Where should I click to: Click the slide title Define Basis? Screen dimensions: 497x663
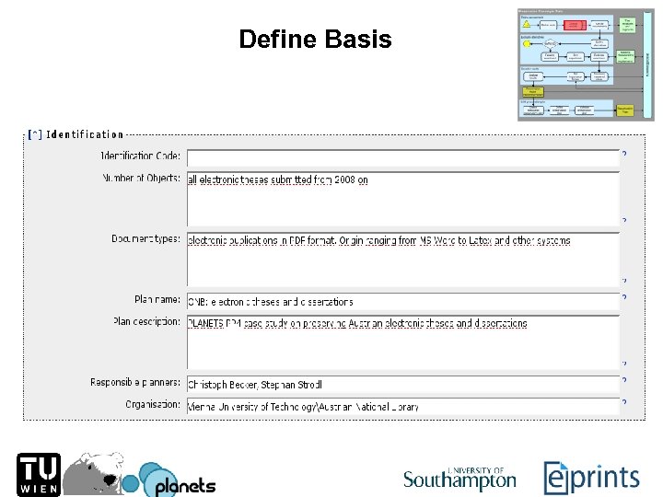(x=315, y=40)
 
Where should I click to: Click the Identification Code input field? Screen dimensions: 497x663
(x=402, y=157)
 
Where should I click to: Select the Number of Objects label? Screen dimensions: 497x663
(x=141, y=178)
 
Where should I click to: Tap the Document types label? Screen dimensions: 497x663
(x=145, y=239)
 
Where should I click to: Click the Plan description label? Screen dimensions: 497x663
(x=146, y=322)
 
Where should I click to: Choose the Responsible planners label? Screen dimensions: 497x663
(x=135, y=382)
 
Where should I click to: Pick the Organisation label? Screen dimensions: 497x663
(x=153, y=404)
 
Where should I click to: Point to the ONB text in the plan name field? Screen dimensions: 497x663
(x=197, y=302)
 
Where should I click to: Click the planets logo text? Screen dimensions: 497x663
(x=184, y=485)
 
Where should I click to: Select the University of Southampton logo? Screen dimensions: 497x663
(x=459, y=477)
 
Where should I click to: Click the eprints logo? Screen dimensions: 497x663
(x=592, y=477)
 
